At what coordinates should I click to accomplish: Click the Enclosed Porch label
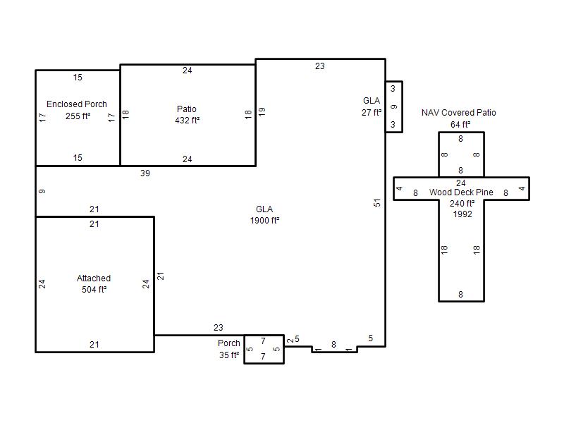tap(77, 104)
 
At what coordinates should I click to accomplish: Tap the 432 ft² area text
tap(187, 120)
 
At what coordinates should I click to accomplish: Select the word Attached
tap(94, 278)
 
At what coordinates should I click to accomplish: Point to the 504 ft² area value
tap(94, 290)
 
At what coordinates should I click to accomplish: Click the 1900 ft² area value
tap(265, 221)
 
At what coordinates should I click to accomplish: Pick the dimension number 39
tap(145, 173)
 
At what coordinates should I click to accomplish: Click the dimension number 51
tap(376, 203)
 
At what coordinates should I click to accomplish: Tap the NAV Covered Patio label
tap(459, 113)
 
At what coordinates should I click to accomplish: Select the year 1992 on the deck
tap(462, 214)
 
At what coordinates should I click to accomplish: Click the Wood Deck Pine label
tap(461, 192)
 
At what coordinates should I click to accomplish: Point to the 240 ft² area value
tap(462, 204)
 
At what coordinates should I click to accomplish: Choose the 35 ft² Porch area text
tap(229, 355)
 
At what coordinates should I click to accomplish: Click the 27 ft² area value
tap(372, 113)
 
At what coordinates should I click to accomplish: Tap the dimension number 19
tap(262, 111)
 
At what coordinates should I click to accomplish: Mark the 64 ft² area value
tap(460, 125)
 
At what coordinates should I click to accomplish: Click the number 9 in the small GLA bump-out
tap(394, 107)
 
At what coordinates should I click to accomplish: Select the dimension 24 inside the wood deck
tap(461, 183)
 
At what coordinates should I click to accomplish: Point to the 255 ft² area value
tap(78, 116)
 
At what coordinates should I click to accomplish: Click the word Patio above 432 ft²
tap(187, 109)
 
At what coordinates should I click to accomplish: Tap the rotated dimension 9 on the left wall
tap(42, 191)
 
